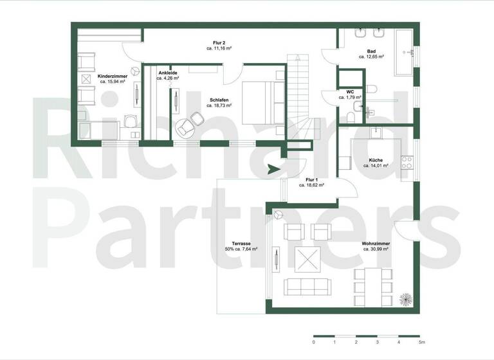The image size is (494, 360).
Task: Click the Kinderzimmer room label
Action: [x=112, y=76]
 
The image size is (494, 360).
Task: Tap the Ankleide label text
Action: [x=168, y=73]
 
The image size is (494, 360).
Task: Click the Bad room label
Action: [x=371, y=51]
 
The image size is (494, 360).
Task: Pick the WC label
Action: [x=350, y=92]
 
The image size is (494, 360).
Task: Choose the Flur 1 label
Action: [x=311, y=179]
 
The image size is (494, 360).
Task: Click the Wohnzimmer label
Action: [x=376, y=244]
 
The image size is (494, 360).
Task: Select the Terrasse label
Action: [x=241, y=244]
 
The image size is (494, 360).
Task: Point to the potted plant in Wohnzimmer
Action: [x=405, y=298]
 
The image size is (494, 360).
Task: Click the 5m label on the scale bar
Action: [x=421, y=342]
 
